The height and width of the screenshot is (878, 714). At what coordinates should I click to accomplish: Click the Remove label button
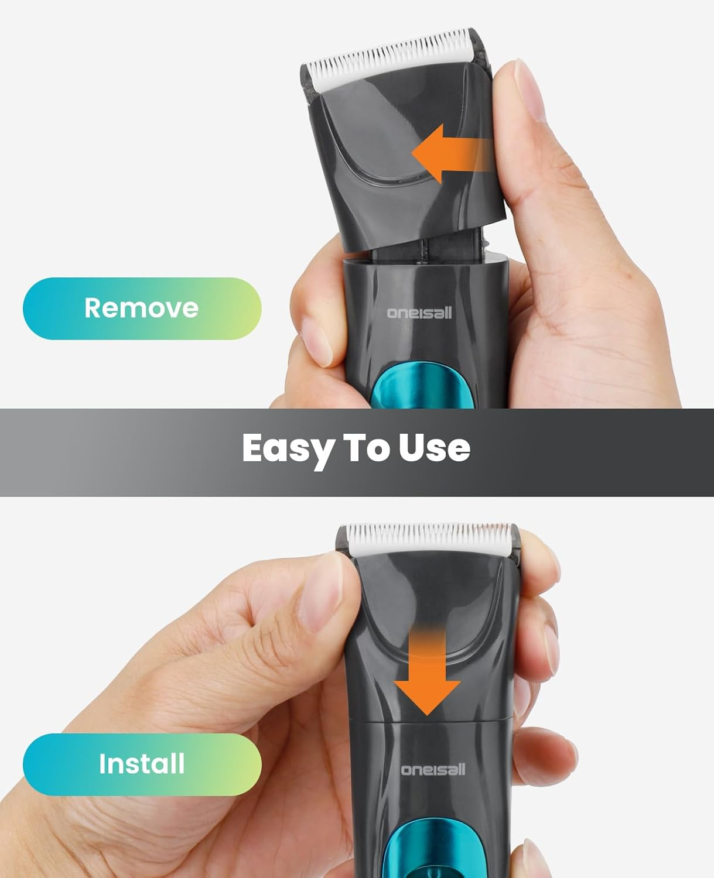(142, 308)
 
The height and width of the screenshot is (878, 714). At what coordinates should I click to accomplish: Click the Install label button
(142, 764)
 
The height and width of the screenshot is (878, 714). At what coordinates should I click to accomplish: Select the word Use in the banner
(435, 447)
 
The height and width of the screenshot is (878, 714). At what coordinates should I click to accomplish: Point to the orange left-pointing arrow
(452, 153)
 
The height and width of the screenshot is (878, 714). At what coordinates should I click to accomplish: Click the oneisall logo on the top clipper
(419, 313)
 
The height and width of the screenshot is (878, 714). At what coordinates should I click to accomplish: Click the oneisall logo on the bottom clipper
(433, 769)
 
